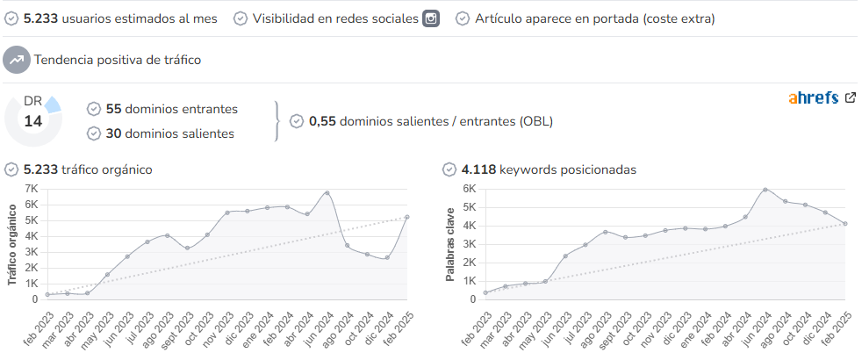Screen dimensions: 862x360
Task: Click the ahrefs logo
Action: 813,97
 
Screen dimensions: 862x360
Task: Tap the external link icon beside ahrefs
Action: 850,97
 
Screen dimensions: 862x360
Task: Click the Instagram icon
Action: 431,18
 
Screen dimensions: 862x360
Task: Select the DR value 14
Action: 33,121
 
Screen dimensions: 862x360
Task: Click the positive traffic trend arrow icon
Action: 17,60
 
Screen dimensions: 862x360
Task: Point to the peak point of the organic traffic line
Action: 327,193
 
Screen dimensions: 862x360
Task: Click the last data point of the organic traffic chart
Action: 406,217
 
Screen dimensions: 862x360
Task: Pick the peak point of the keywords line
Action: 765,190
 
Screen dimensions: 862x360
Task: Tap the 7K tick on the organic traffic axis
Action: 32,189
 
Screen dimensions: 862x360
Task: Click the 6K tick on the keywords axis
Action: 469,189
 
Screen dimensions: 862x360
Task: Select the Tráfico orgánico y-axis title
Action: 12,245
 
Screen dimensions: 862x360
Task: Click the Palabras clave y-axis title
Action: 450,245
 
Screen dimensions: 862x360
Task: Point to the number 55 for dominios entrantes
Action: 113,109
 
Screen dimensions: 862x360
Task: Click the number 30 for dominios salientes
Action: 113,133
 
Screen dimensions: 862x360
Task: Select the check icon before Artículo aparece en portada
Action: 463,18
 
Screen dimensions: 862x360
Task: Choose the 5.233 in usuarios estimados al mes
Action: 40,18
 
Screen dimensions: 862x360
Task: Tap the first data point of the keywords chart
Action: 485,293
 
